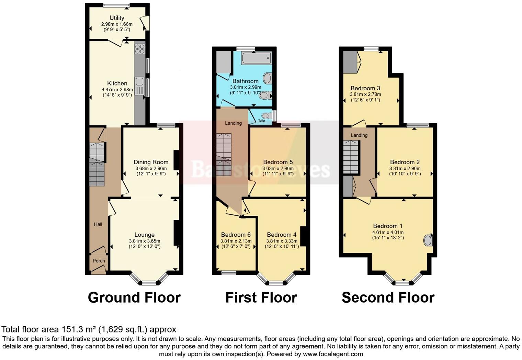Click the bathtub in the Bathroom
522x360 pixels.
point(257,58)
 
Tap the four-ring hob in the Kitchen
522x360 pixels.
point(140,49)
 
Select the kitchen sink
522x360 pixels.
point(139,82)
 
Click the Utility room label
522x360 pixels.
point(117,18)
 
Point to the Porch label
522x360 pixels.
point(99,261)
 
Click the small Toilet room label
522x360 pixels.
point(262,121)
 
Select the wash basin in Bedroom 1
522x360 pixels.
point(428,240)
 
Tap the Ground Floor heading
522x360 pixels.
point(134,297)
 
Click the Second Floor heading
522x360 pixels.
point(388,297)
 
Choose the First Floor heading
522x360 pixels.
point(261,297)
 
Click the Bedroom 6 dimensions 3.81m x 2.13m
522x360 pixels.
point(236,241)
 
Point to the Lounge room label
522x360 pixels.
point(144,235)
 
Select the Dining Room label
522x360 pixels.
point(151,162)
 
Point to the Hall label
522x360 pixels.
point(98,224)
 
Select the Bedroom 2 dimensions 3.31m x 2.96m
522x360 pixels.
point(405,169)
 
